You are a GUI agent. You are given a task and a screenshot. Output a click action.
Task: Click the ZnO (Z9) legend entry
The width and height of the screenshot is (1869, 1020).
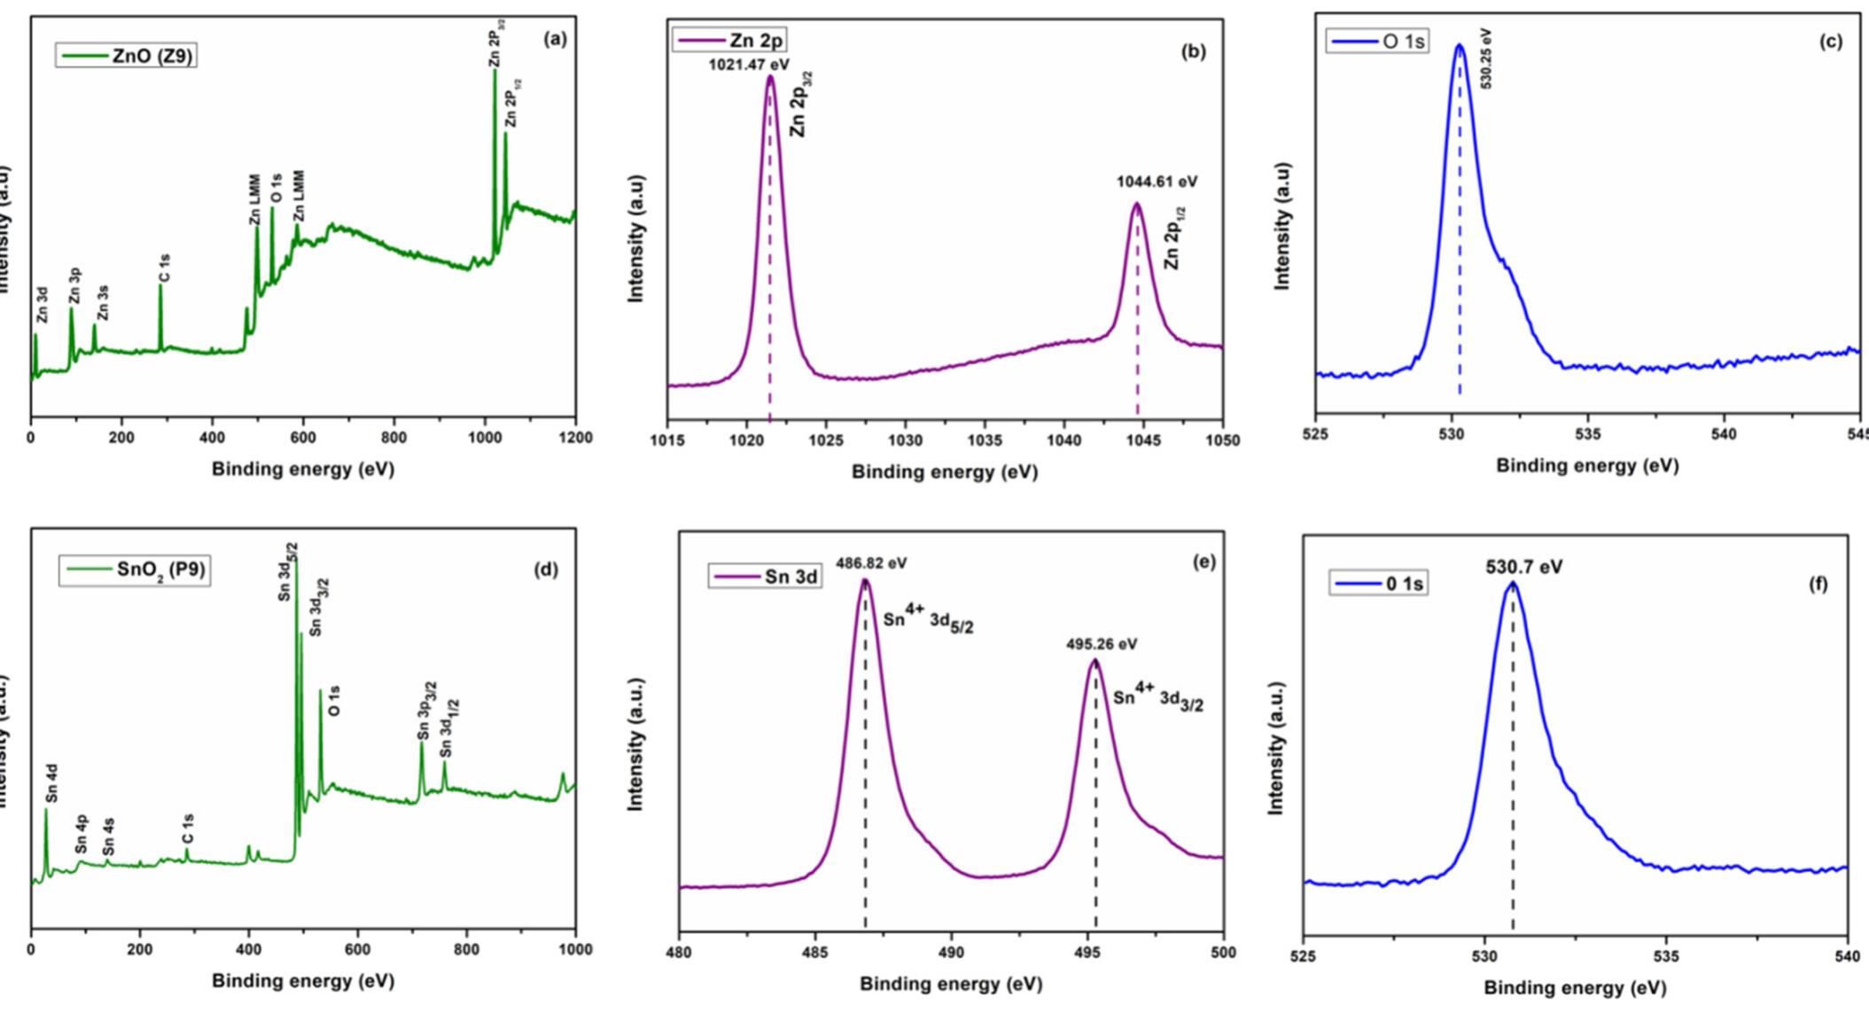(x=126, y=56)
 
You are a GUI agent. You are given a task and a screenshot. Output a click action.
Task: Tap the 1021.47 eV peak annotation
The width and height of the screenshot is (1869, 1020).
(x=748, y=65)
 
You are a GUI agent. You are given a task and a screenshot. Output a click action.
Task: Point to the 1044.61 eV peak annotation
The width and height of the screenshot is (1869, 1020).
(x=1156, y=182)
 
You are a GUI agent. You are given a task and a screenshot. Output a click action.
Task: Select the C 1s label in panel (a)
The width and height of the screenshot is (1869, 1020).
(x=165, y=268)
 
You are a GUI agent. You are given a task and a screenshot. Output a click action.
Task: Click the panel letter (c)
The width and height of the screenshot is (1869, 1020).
(x=1830, y=42)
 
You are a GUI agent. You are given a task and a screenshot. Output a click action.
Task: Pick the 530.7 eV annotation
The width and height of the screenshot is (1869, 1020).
(x=1523, y=566)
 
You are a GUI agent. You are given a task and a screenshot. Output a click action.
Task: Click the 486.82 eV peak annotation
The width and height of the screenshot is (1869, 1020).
(x=870, y=563)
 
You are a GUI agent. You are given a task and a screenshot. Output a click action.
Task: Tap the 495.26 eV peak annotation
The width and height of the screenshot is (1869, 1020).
(x=1101, y=644)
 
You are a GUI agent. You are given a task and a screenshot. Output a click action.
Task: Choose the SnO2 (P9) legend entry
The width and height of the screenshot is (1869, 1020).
(x=135, y=570)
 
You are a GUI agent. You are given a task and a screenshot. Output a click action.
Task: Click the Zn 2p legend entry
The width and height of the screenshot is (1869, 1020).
(x=730, y=40)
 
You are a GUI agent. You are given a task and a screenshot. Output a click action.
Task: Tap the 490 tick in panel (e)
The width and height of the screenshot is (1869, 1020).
(x=951, y=952)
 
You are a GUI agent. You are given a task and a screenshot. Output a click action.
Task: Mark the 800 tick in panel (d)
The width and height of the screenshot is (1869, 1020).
(x=466, y=949)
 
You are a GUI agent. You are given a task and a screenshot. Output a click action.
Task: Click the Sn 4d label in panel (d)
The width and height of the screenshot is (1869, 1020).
(x=52, y=783)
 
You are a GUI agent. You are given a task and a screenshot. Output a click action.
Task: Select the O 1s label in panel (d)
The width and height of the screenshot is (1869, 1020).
(x=334, y=700)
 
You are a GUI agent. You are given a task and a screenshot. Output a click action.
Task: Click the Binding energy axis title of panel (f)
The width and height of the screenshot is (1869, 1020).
(x=1575, y=987)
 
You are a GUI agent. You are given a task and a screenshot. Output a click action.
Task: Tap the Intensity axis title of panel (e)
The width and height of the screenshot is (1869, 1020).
(x=635, y=744)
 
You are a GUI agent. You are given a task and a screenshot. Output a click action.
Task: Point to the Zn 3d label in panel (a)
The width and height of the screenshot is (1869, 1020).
(x=42, y=304)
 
